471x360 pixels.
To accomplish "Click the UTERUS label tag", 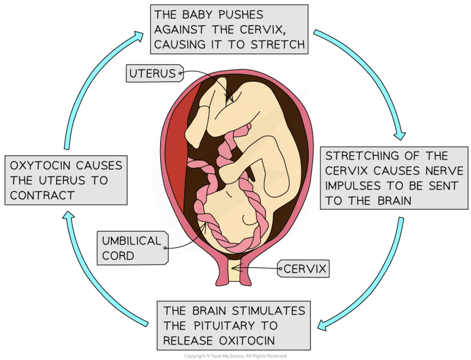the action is pos(155,73).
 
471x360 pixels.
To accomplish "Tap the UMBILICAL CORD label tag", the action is pos(132,248).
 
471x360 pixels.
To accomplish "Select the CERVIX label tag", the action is pos(303,269).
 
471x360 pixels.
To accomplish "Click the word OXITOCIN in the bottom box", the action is pos(247,341).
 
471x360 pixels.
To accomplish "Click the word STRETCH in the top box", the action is pos(278,45).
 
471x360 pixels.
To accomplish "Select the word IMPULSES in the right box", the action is pos(353,186).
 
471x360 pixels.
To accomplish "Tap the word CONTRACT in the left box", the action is pos(42,195).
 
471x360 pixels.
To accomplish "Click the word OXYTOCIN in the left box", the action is pos(40,166).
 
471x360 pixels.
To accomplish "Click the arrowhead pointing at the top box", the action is pos(139,36).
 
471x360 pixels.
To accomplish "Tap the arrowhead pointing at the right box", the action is pos(400,135).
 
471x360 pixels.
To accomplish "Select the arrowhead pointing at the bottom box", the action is pos(322,325).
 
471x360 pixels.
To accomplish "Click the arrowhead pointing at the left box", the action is pos(69,216).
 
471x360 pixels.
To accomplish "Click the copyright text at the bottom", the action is pos(235,356).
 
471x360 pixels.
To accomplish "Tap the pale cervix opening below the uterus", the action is pos(235,271).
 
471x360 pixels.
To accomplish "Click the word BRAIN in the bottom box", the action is pos(209,311).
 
